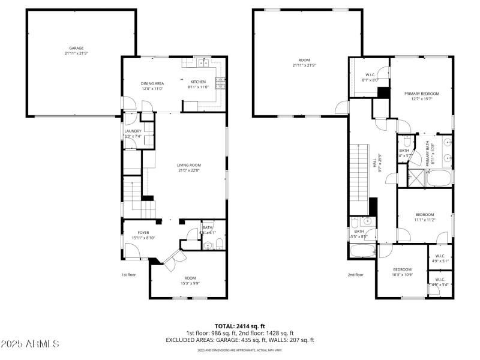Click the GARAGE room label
point(76,48)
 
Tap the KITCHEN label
point(198,82)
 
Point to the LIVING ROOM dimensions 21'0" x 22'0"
point(188,170)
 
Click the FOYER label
point(143,232)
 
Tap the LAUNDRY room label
point(133,131)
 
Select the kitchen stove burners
point(221,82)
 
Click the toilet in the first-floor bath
point(219,243)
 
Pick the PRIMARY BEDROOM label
point(421,94)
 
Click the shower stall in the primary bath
point(414,178)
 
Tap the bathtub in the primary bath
point(440,178)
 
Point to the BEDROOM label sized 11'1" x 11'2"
point(424,214)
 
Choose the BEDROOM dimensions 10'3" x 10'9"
point(402,275)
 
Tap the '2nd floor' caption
point(355,275)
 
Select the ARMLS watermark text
point(30,344)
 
